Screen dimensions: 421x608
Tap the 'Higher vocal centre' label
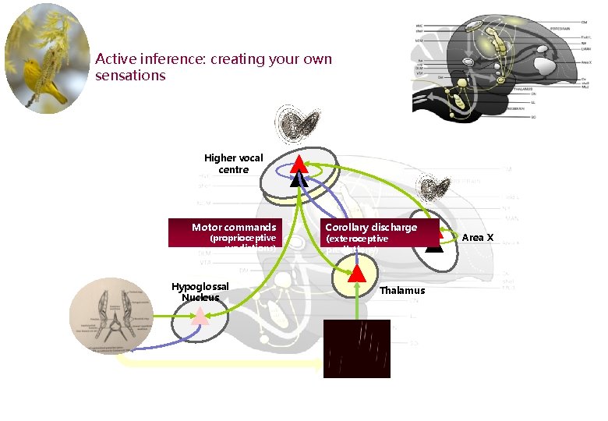click(233, 164)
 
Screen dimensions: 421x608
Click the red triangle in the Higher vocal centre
click(299, 163)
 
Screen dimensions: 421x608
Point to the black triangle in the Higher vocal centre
click(299, 179)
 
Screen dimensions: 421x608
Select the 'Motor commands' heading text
click(234, 228)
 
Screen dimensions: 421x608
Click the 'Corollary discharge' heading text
click(371, 228)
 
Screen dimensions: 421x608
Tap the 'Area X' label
click(479, 237)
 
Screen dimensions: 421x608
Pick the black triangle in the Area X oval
click(434, 246)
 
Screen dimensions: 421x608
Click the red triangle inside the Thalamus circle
click(356, 273)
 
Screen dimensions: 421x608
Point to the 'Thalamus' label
click(402, 291)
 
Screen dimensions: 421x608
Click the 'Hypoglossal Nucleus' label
click(200, 292)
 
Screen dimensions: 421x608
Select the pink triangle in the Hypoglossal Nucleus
click(200, 315)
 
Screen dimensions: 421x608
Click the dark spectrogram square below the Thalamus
click(357, 348)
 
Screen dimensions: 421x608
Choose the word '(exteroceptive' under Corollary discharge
click(356, 239)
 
